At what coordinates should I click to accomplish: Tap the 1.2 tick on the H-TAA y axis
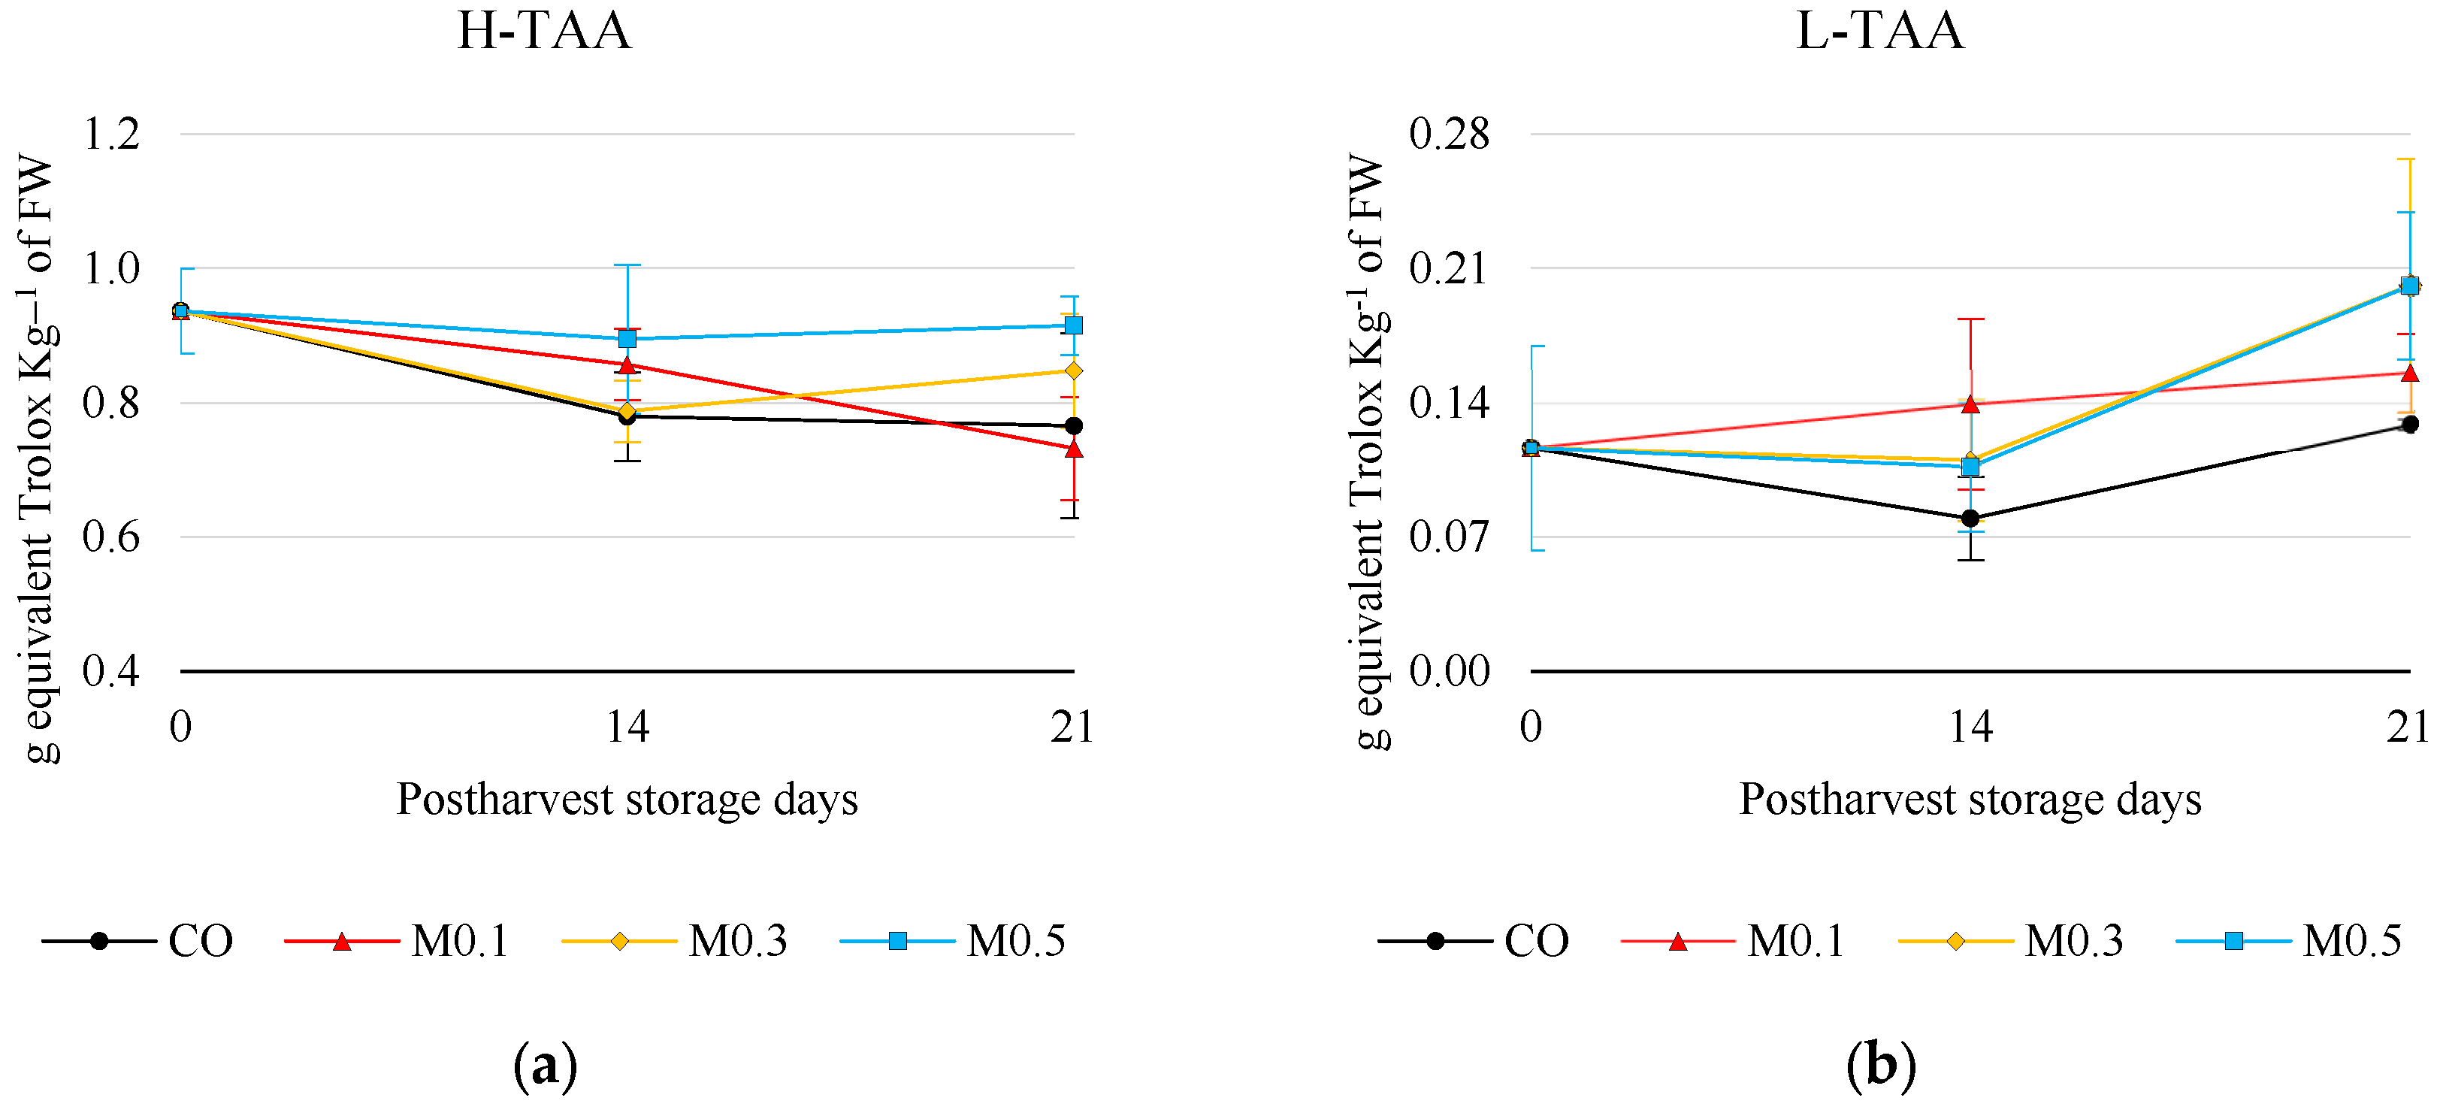point(111,134)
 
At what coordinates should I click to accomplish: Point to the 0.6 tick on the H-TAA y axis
point(111,537)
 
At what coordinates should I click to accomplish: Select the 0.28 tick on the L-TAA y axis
point(1448,134)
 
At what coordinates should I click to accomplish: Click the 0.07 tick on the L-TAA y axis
point(1448,537)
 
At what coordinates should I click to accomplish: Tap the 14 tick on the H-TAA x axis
point(627,727)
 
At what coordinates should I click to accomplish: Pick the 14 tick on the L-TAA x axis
point(1970,727)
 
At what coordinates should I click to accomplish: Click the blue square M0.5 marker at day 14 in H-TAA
point(627,339)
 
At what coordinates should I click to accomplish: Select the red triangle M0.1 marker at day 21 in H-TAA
point(1074,449)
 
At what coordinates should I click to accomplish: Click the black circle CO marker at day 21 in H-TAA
point(1074,426)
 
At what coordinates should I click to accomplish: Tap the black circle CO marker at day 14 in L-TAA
point(1970,518)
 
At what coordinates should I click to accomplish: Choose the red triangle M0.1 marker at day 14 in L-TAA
point(1970,405)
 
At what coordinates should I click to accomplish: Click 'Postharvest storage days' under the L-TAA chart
point(1970,799)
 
